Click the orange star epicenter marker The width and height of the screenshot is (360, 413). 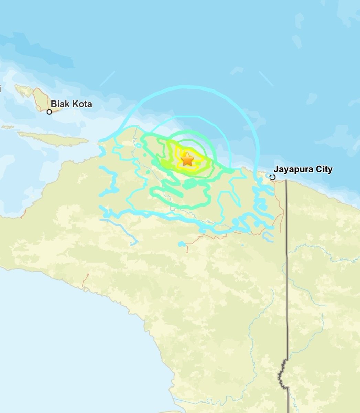coord(187,159)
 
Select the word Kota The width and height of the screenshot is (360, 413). coord(83,104)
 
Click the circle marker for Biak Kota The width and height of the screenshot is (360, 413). coord(49,112)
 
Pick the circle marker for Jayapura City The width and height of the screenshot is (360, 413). coord(272,177)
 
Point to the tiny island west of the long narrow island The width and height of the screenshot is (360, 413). coord(8,127)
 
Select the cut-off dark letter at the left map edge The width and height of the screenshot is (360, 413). coord(1,89)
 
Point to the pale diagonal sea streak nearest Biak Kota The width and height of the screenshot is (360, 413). coord(107,79)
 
